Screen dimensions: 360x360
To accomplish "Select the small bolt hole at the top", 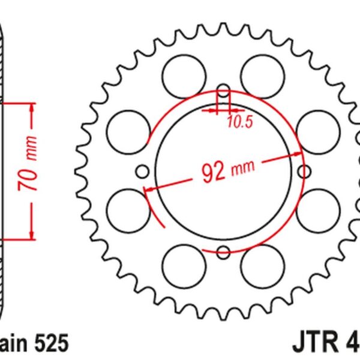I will (224, 92).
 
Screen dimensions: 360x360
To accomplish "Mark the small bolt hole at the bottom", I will (224, 252).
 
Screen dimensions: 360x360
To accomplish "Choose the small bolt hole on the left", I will (143, 173).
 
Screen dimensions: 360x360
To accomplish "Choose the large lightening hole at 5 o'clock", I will (259, 261).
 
